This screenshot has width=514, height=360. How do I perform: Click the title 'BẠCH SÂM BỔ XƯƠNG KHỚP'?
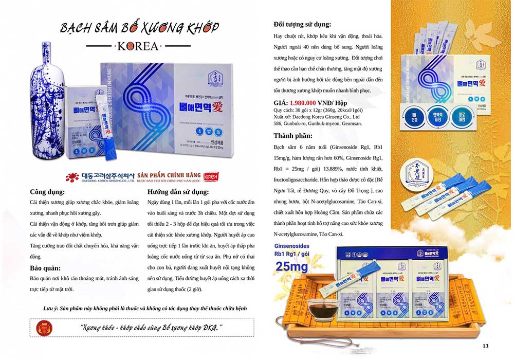139,27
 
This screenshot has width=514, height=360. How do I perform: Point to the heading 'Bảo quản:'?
45,268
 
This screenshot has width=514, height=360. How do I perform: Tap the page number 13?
485,346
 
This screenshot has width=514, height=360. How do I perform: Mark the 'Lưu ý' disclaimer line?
139,308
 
